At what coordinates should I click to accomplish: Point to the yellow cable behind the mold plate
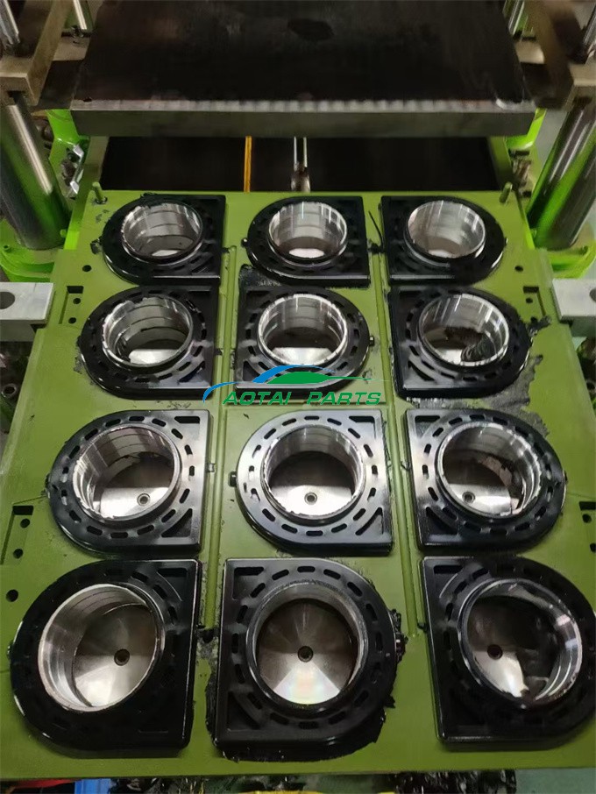(248, 164)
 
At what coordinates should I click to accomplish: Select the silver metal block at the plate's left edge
(25, 301)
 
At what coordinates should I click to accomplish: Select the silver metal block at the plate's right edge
(575, 298)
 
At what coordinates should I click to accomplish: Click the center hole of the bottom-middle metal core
(305, 653)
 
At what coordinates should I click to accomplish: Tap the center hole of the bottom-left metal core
(122, 656)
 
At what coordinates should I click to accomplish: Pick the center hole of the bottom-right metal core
(494, 651)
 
